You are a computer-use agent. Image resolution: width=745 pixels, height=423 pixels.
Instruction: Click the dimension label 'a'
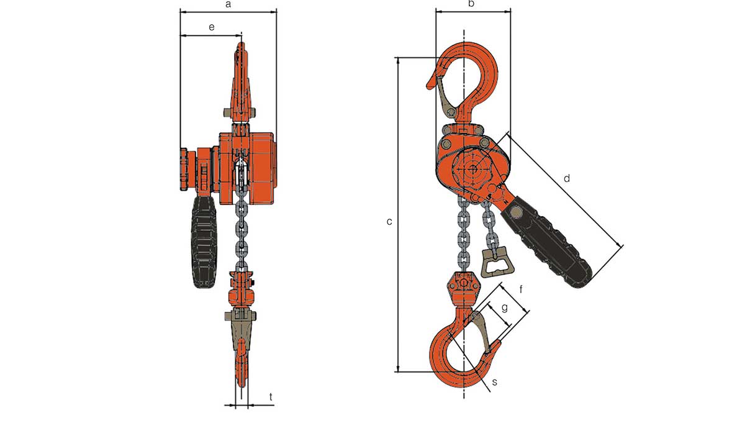tap(228, 5)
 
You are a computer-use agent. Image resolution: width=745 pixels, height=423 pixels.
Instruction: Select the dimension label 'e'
tap(211, 27)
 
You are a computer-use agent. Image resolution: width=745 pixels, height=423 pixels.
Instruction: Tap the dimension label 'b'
tap(471, 4)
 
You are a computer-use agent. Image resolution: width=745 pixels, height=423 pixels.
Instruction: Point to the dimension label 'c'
tap(389, 221)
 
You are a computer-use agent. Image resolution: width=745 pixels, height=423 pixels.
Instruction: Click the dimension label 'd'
tap(566, 178)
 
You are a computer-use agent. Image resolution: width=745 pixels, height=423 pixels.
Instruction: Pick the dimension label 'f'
tap(521, 289)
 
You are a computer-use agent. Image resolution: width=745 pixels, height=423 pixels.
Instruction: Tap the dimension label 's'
tap(494, 382)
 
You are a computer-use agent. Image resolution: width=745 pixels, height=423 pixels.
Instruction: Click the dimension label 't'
tap(271, 396)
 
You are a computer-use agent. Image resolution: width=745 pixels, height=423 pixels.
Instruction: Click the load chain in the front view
tap(242, 230)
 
